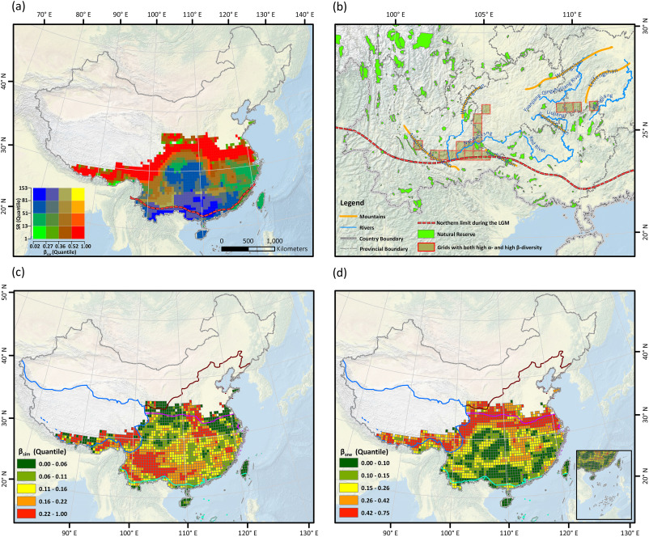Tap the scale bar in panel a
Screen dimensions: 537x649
pos(247,249)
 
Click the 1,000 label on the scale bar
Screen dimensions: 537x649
pos(274,240)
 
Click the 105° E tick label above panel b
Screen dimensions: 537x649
pos(483,15)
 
